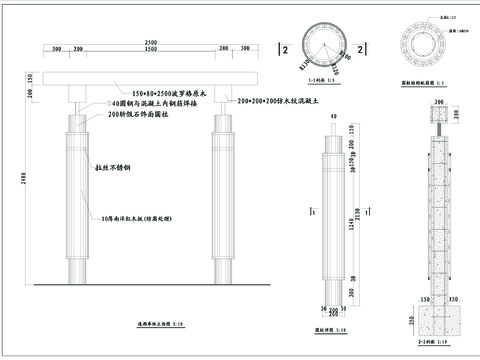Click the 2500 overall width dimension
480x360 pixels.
pos(149,41)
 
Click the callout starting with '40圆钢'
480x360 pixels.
pos(149,103)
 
